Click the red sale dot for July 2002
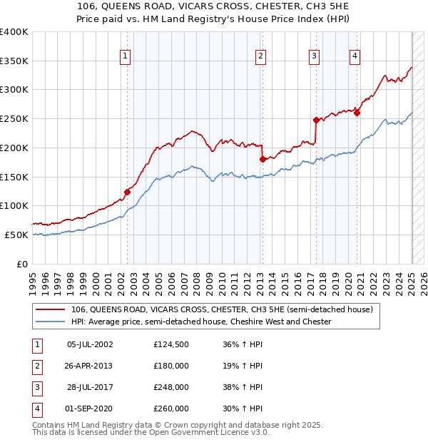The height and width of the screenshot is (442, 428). (x=128, y=191)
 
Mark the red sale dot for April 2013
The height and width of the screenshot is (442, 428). (x=263, y=159)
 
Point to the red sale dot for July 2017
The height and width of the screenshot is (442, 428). (x=316, y=120)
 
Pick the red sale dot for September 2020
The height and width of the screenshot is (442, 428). (x=357, y=113)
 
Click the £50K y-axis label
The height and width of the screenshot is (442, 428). (x=17, y=235)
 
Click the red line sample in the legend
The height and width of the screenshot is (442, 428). (x=52, y=309)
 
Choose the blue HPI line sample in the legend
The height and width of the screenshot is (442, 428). (x=52, y=322)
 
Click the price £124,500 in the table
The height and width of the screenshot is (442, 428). (x=171, y=344)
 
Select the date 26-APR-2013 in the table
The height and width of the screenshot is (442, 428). (x=88, y=366)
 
